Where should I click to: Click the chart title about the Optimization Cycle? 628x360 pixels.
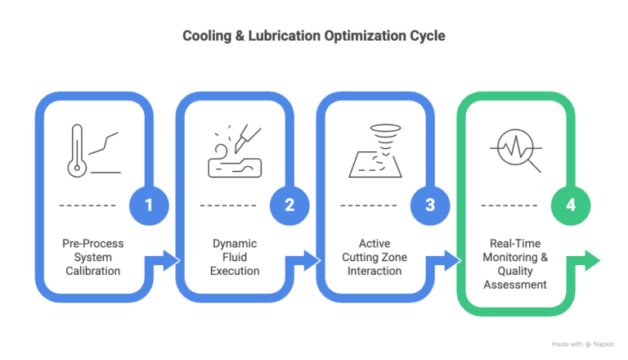point(313,37)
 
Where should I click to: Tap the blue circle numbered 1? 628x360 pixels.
point(149,205)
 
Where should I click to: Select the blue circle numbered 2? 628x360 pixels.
point(289,205)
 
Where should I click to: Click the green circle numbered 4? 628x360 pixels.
point(571,205)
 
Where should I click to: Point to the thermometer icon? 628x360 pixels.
point(76,152)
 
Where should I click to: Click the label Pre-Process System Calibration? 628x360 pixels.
point(92,257)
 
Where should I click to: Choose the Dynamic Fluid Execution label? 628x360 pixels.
point(233,257)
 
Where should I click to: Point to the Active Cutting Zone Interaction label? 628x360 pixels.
point(374,257)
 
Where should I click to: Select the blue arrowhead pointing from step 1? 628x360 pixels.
point(171,262)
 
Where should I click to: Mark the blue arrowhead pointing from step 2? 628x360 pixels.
point(312,262)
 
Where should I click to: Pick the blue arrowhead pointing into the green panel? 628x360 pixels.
point(452,262)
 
